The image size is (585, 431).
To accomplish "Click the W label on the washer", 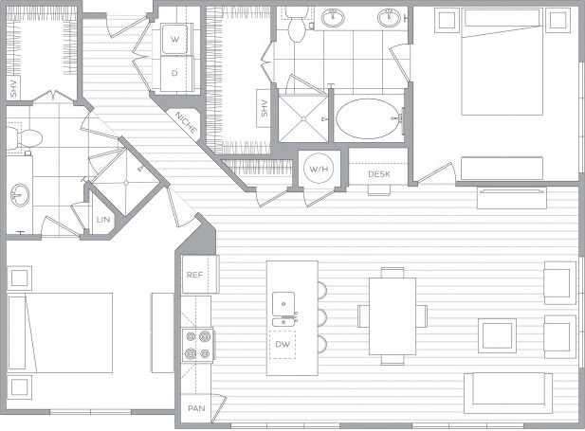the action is [x=174, y=39].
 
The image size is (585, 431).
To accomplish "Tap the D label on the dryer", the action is [x=174, y=74].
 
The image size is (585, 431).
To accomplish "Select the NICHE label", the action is [x=186, y=122].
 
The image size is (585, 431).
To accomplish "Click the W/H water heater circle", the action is [x=319, y=169].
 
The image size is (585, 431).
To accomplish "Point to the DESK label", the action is [x=379, y=174].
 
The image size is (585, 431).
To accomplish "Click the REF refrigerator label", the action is [x=194, y=275].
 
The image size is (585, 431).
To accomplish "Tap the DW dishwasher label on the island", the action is [x=283, y=344].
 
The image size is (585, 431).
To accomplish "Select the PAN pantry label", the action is [x=196, y=408].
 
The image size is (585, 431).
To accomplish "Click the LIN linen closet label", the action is [x=103, y=220].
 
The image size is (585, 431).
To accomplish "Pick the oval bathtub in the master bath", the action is [x=369, y=118].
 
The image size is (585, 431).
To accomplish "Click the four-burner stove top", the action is [x=198, y=345].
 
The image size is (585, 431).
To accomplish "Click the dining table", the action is [x=393, y=316].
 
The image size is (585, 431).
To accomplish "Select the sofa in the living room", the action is [x=508, y=392].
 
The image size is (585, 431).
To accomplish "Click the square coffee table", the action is [x=498, y=335].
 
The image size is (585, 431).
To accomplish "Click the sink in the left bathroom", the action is [x=19, y=194].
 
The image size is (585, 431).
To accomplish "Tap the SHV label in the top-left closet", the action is [x=14, y=88].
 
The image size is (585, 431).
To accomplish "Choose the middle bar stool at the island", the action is [x=322, y=317].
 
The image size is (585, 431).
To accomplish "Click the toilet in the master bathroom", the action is [x=297, y=25].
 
